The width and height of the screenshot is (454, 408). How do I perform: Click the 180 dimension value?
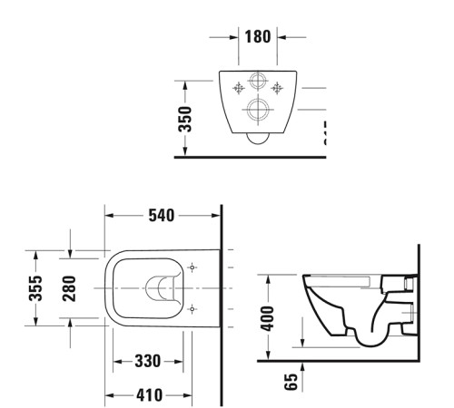tap(257, 38)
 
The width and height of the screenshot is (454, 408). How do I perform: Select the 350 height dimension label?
tap(184, 118)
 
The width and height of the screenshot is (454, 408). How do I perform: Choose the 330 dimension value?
tap(148, 362)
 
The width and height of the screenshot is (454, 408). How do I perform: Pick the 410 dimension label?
tap(148, 395)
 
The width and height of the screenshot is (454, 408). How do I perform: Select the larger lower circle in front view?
tap(258, 112)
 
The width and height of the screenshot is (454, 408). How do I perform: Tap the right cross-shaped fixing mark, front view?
tap(278, 88)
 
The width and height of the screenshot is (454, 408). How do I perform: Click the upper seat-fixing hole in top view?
tap(193, 268)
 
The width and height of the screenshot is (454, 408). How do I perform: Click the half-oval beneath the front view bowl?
tap(258, 139)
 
